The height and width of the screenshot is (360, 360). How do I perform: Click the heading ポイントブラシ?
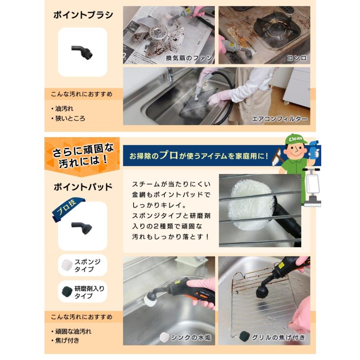tap(83, 16)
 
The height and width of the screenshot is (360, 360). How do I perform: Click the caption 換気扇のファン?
tap(189, 58)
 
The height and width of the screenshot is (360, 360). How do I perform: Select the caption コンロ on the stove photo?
tap(296, 58)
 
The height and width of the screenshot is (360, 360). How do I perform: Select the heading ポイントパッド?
tap(83, 187)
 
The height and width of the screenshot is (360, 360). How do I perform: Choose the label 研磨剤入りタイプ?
tap(89, 292)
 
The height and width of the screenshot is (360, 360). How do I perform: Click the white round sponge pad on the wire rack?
tap(251, 206)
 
